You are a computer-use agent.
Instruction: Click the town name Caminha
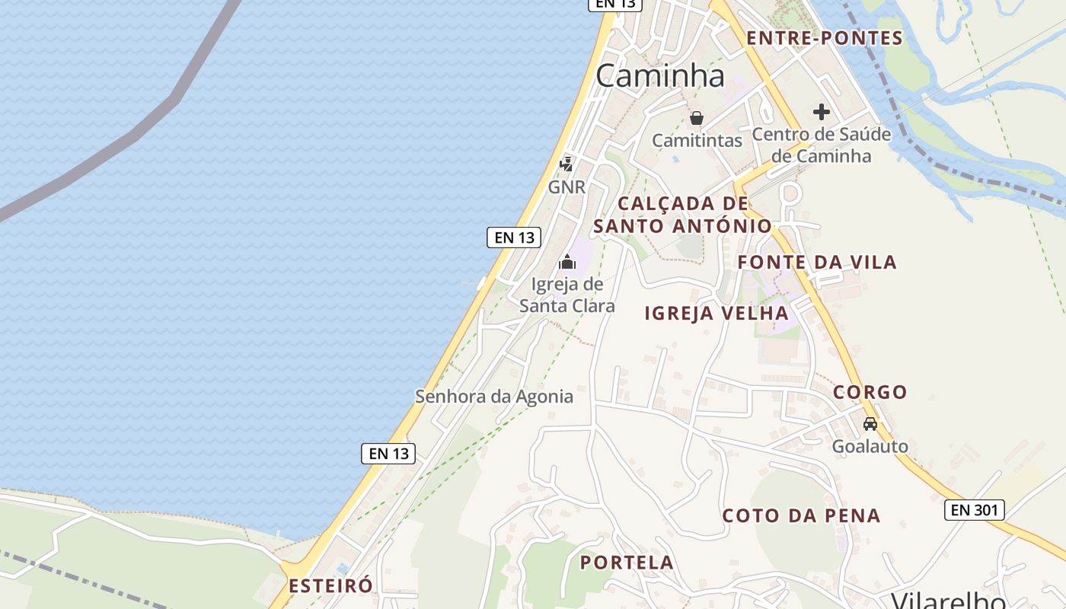(x=660, y=75)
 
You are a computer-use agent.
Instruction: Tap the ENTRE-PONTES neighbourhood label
(x=824, y=38)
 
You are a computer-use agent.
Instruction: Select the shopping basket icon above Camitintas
(x=696, y=118)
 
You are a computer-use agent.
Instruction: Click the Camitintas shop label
(x=697, y=141)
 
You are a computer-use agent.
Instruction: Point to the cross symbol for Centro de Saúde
(x=821, y=112)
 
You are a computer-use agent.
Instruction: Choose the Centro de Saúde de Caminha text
(x=821, y=145)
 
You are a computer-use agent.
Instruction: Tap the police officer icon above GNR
(x=566, y=164)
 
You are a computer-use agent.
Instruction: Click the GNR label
(x=567, y=187)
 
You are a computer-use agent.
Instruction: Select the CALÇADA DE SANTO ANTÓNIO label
(x=682, y=215)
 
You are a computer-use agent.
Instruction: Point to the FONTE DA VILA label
(x=817, y=263)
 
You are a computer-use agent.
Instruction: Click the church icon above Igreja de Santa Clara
(x=567, y=263)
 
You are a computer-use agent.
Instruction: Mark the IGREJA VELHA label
(x=717, y=313)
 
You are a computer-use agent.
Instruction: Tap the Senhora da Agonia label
(x=493, y=397)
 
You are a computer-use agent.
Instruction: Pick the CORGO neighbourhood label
(x=870, y=392)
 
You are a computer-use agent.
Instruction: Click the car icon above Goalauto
(x=870, y=424)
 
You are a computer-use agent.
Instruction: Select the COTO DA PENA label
(x=801, y=515)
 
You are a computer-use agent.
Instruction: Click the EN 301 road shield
(x=974, y=510)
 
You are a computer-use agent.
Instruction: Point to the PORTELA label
(x=627, y=563)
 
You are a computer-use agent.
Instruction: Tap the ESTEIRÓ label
(x=330, y=585)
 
